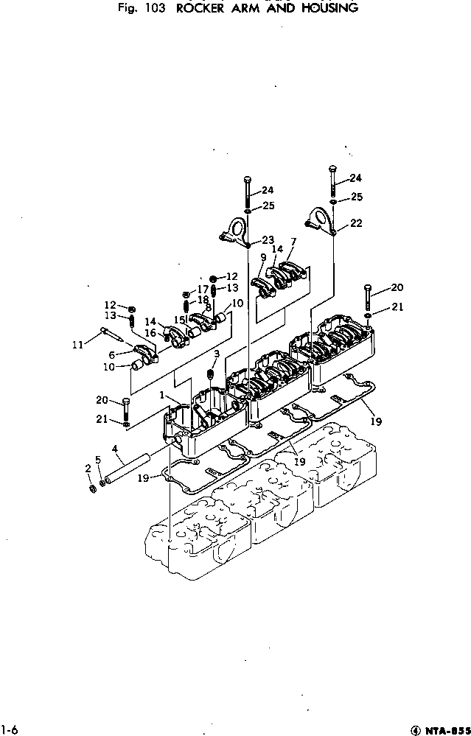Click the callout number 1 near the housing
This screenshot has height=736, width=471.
[x=161, y=396]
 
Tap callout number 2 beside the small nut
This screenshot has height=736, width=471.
[x=88, y=468]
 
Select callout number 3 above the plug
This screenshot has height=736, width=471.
[x=217, y=355]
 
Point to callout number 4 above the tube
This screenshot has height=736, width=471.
[x=115, y=448]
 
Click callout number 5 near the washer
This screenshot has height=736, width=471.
[x=97, y=460]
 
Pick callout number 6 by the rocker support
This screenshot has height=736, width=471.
[x=112, y=354]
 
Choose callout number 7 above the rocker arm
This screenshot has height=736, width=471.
[x=293, y=242]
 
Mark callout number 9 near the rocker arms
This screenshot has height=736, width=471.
[x=262, y=257]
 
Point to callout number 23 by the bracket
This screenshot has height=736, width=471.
[x=266, y=239]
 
